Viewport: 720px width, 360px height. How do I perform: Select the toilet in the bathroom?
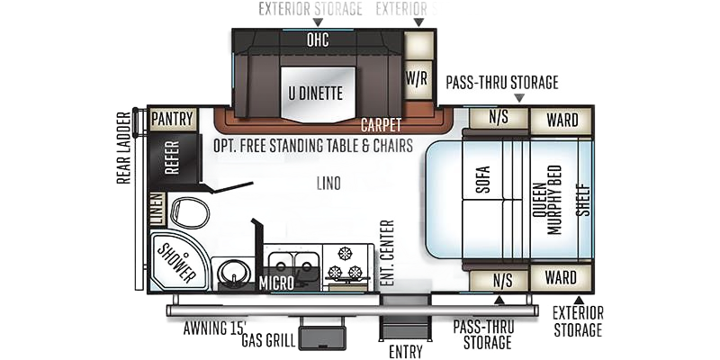tap(190, 212)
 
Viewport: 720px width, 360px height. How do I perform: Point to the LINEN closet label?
tap(156, 209)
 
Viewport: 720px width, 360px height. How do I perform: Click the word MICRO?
tap(277, 285)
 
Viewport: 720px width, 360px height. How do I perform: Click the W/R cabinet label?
tap(416, 78)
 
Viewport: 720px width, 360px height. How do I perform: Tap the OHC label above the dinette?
tap(316, 40)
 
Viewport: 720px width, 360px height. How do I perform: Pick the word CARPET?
tap(381, 124)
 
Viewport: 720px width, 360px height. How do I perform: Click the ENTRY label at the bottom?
tap(401, 348)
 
